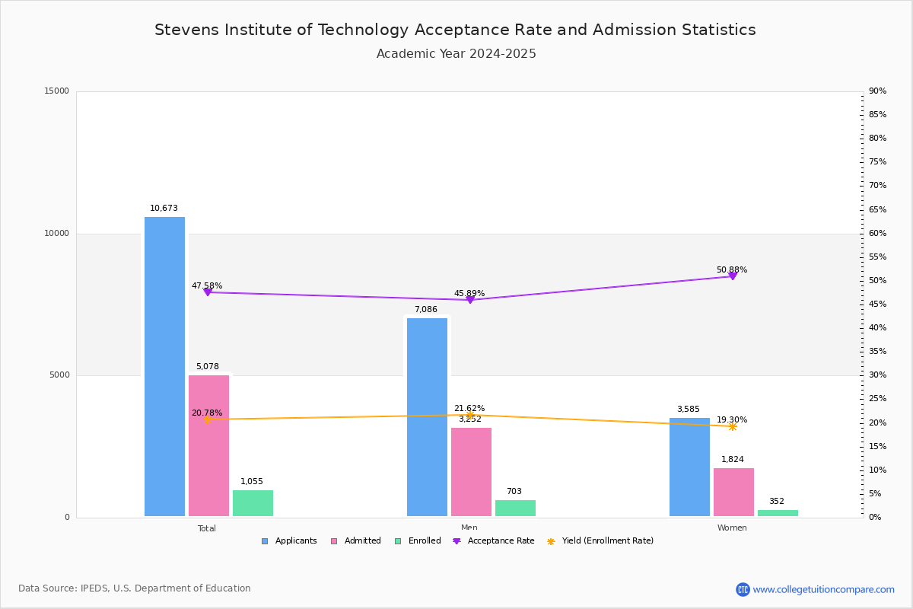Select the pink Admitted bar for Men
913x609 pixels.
coord(471,472)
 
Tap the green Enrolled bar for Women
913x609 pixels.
coord(778,513)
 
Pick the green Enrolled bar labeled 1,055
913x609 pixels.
coord(253,503)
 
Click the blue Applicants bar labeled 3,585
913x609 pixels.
coord(689,467)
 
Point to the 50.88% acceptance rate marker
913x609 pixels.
coord(733,276)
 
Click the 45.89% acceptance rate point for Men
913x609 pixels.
coord(470,300)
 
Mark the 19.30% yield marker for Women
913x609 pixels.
coord(733,427)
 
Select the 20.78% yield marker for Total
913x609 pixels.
coord(207,419)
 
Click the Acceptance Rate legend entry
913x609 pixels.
coord(494,541)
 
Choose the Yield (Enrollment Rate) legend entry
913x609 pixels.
coord(600,541)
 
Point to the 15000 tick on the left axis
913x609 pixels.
coord(57,91)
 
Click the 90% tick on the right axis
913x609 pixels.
coord(877,91)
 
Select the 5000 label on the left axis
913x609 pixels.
coord(59,375)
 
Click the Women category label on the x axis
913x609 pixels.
coord(732,528)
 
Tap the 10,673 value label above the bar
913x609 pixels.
coord(164,209)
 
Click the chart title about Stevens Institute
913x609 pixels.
coord(455,30)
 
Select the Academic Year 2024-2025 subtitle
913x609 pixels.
coord(456,54)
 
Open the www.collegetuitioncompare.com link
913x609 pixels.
coord(823,589)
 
